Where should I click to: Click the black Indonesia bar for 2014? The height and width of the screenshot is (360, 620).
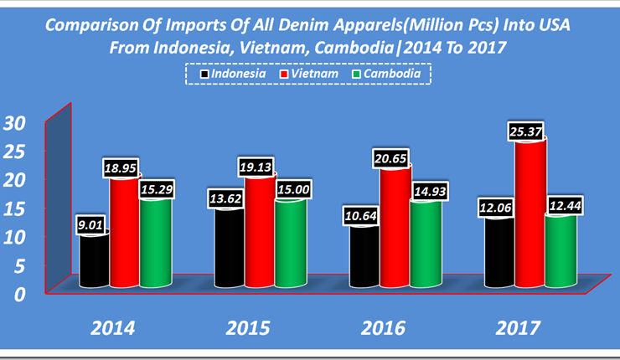click(95, 261)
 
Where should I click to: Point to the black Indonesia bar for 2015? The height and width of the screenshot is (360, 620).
click(229, 249)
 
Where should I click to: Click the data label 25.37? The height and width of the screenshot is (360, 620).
click(530, 130)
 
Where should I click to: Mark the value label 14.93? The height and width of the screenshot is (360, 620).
click(426, 193)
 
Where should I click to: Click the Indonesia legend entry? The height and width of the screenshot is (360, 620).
click(232, 74)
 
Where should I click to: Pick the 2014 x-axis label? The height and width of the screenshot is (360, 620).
click(115, 327)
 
